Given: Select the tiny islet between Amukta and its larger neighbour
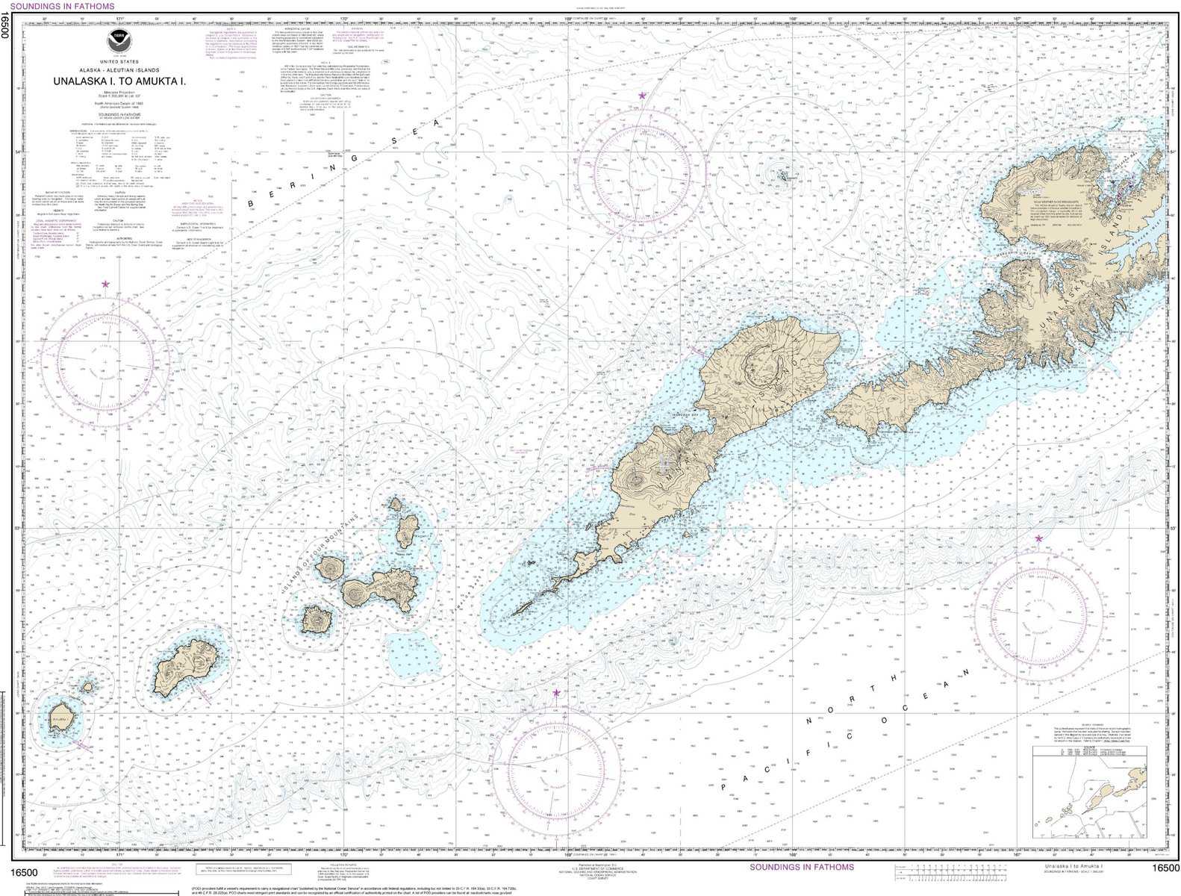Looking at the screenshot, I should tap(87, 685).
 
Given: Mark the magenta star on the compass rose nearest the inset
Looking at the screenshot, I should tap(1038, 538).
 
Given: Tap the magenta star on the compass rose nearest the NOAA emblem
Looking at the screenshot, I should tap(105, 284).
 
